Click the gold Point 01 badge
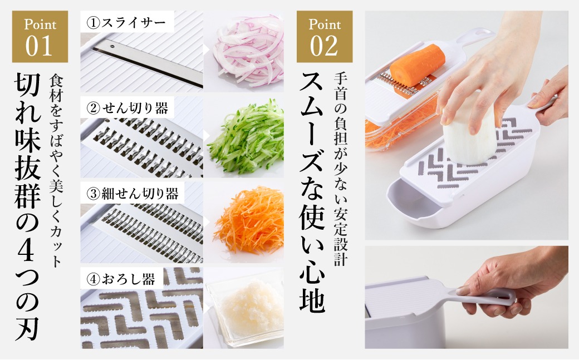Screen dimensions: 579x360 point(40,37)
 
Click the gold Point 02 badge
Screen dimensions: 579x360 point(325,37)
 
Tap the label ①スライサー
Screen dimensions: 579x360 point(126,23)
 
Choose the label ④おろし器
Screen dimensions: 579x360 point(121,279)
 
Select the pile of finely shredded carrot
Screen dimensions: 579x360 point(249,221)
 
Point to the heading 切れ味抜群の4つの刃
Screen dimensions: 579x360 point(27,207)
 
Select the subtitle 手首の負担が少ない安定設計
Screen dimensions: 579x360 point(341,169)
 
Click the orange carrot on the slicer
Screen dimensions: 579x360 point(417,65)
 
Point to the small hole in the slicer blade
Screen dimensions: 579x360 point(112,47)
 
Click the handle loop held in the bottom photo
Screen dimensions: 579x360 point(484,295)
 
